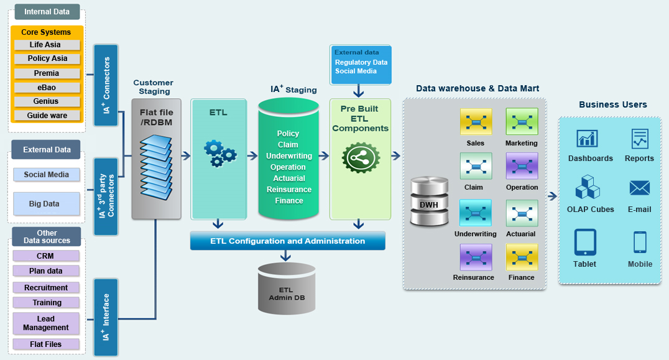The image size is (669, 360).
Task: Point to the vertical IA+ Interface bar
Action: pyautogui.click(x=105, y=317)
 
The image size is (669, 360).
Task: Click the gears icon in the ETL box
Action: pyautogui.click(x=219, y=152)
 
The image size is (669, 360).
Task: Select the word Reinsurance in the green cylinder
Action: pyautogui.click(x=288, y=190)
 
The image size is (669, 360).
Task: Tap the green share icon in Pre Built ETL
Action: pyautogui.click(x=360, y=158)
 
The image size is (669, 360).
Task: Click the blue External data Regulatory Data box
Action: pyautogui.click(x=361, y=65)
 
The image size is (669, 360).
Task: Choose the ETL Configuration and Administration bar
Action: pyautogui.click(x=287, y=241)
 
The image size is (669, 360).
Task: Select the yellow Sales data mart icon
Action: pyautogui.click(x=476, y=122)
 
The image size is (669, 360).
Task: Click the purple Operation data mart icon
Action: pyautogui.click(x=522, y=166)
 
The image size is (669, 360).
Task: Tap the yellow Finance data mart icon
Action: pyautogui.click(x=522, y=257)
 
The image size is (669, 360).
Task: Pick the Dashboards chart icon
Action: pyautogui.click(x=587, y=139)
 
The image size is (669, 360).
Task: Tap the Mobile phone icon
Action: pyautogui.click(x=640, y=242)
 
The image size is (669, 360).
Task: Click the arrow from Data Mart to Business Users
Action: pyautogui.click(x=551, y=196)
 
